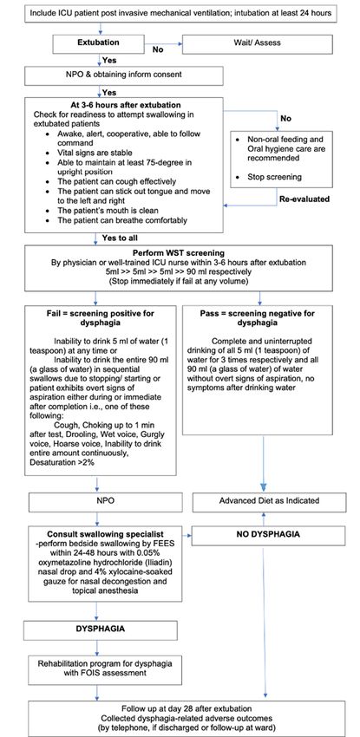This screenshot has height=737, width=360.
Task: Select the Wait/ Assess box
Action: click(257, 43)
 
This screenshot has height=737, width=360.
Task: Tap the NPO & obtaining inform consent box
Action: click(124, 75)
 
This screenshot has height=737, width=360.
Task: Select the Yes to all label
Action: click(123, 238)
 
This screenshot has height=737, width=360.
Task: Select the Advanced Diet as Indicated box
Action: click(269, 501)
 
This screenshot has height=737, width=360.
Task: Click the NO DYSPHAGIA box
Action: click(268, 535)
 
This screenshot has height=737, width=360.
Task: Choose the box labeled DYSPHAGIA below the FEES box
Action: click(101, 630)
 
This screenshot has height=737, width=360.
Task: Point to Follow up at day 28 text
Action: click(187, 708)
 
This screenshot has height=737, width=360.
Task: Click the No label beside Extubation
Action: click(158, 49)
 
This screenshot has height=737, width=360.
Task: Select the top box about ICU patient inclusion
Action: click(180, 13)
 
